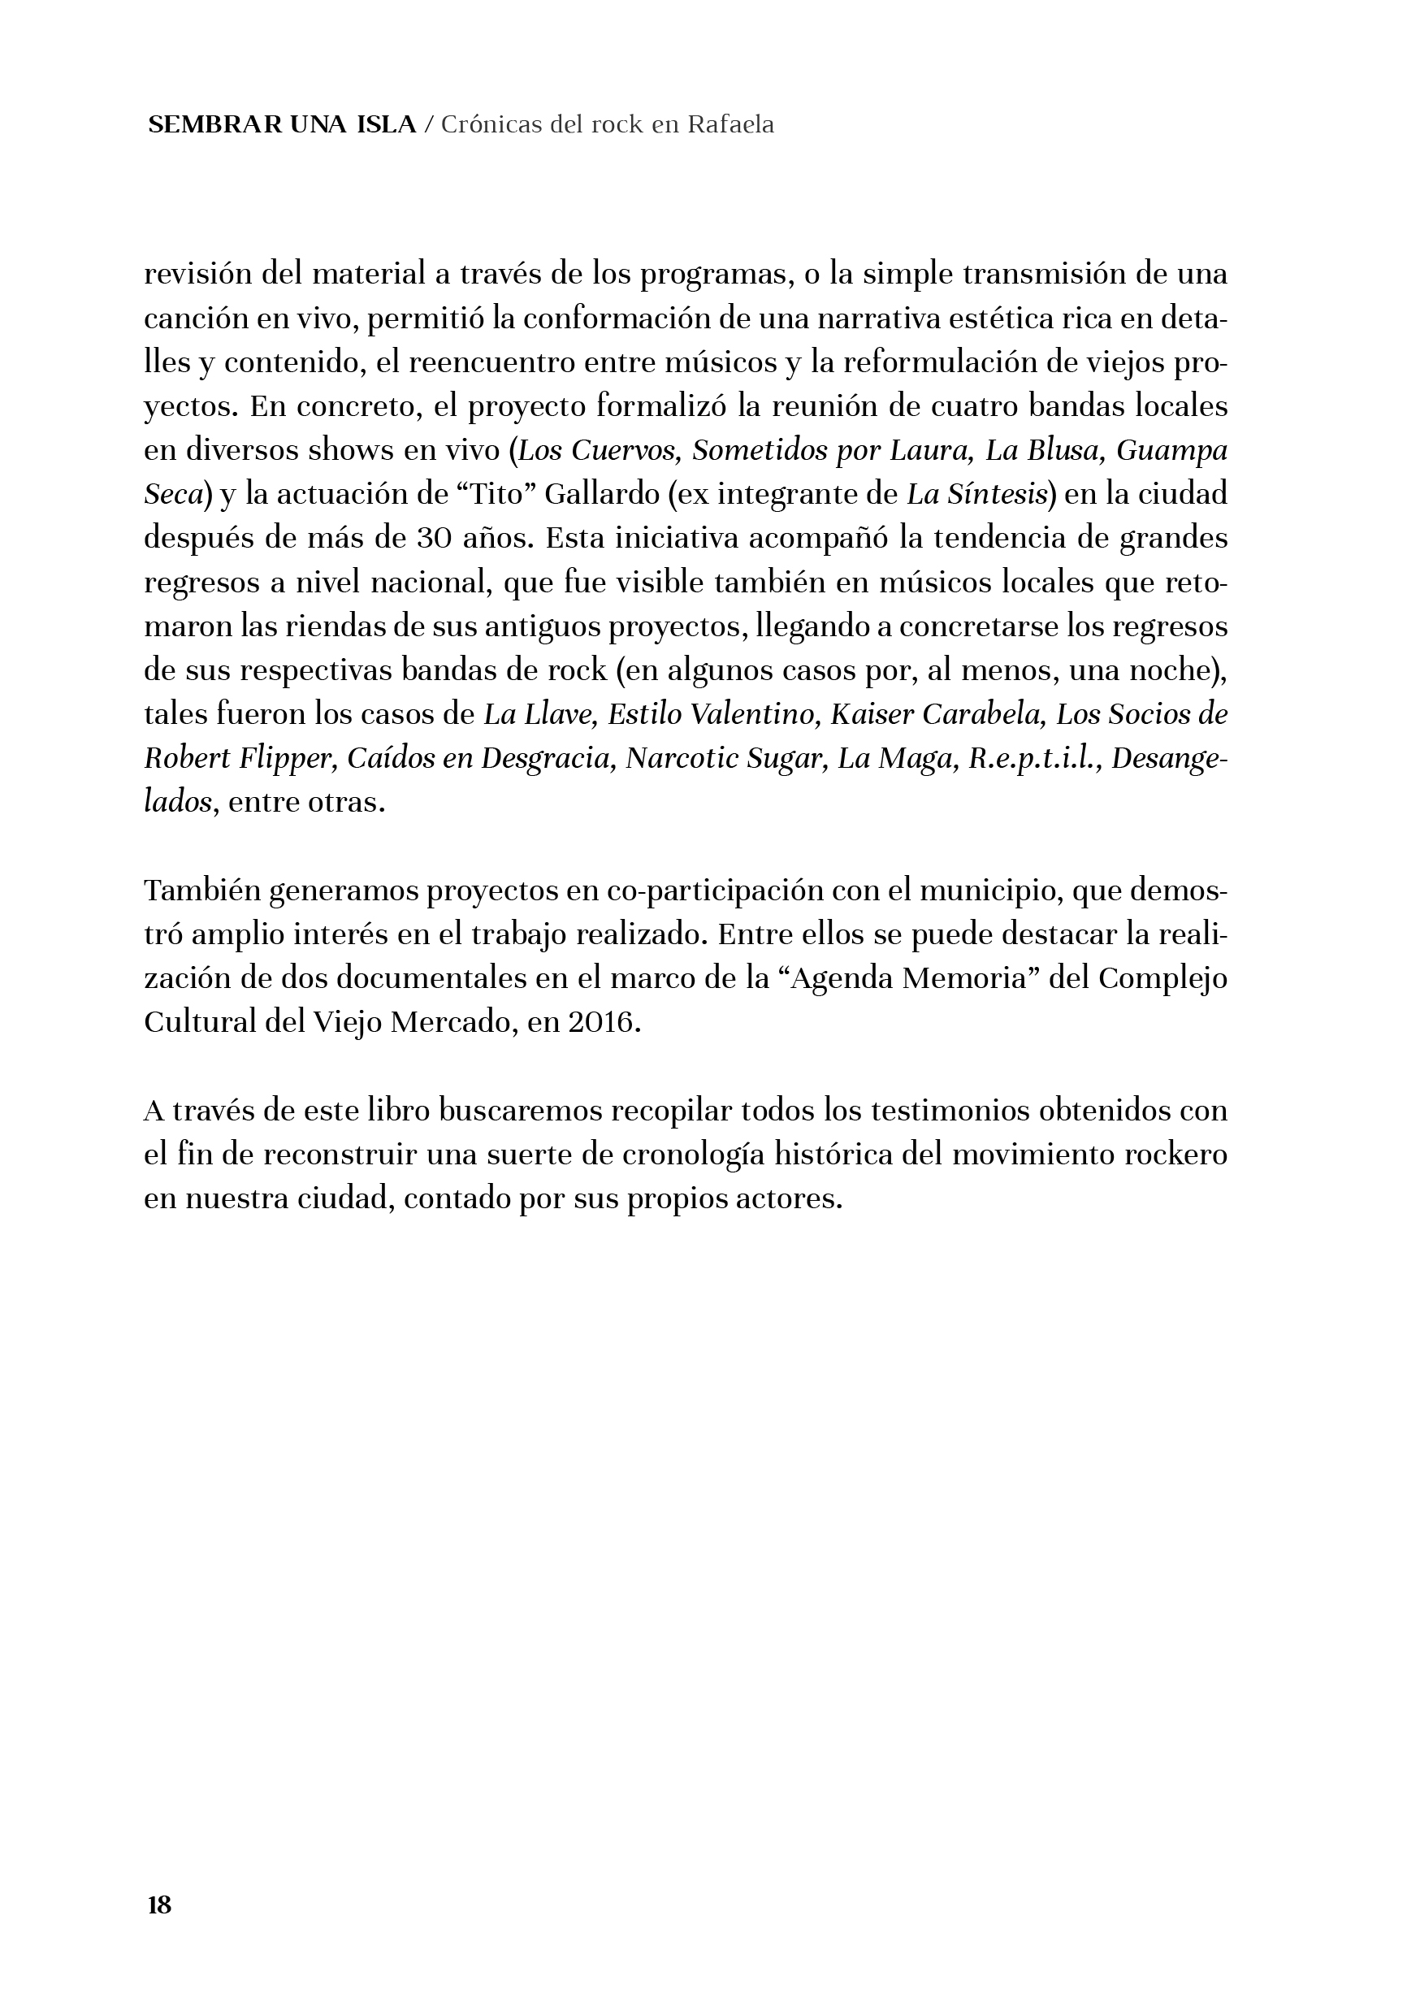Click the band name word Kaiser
(870, 715)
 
